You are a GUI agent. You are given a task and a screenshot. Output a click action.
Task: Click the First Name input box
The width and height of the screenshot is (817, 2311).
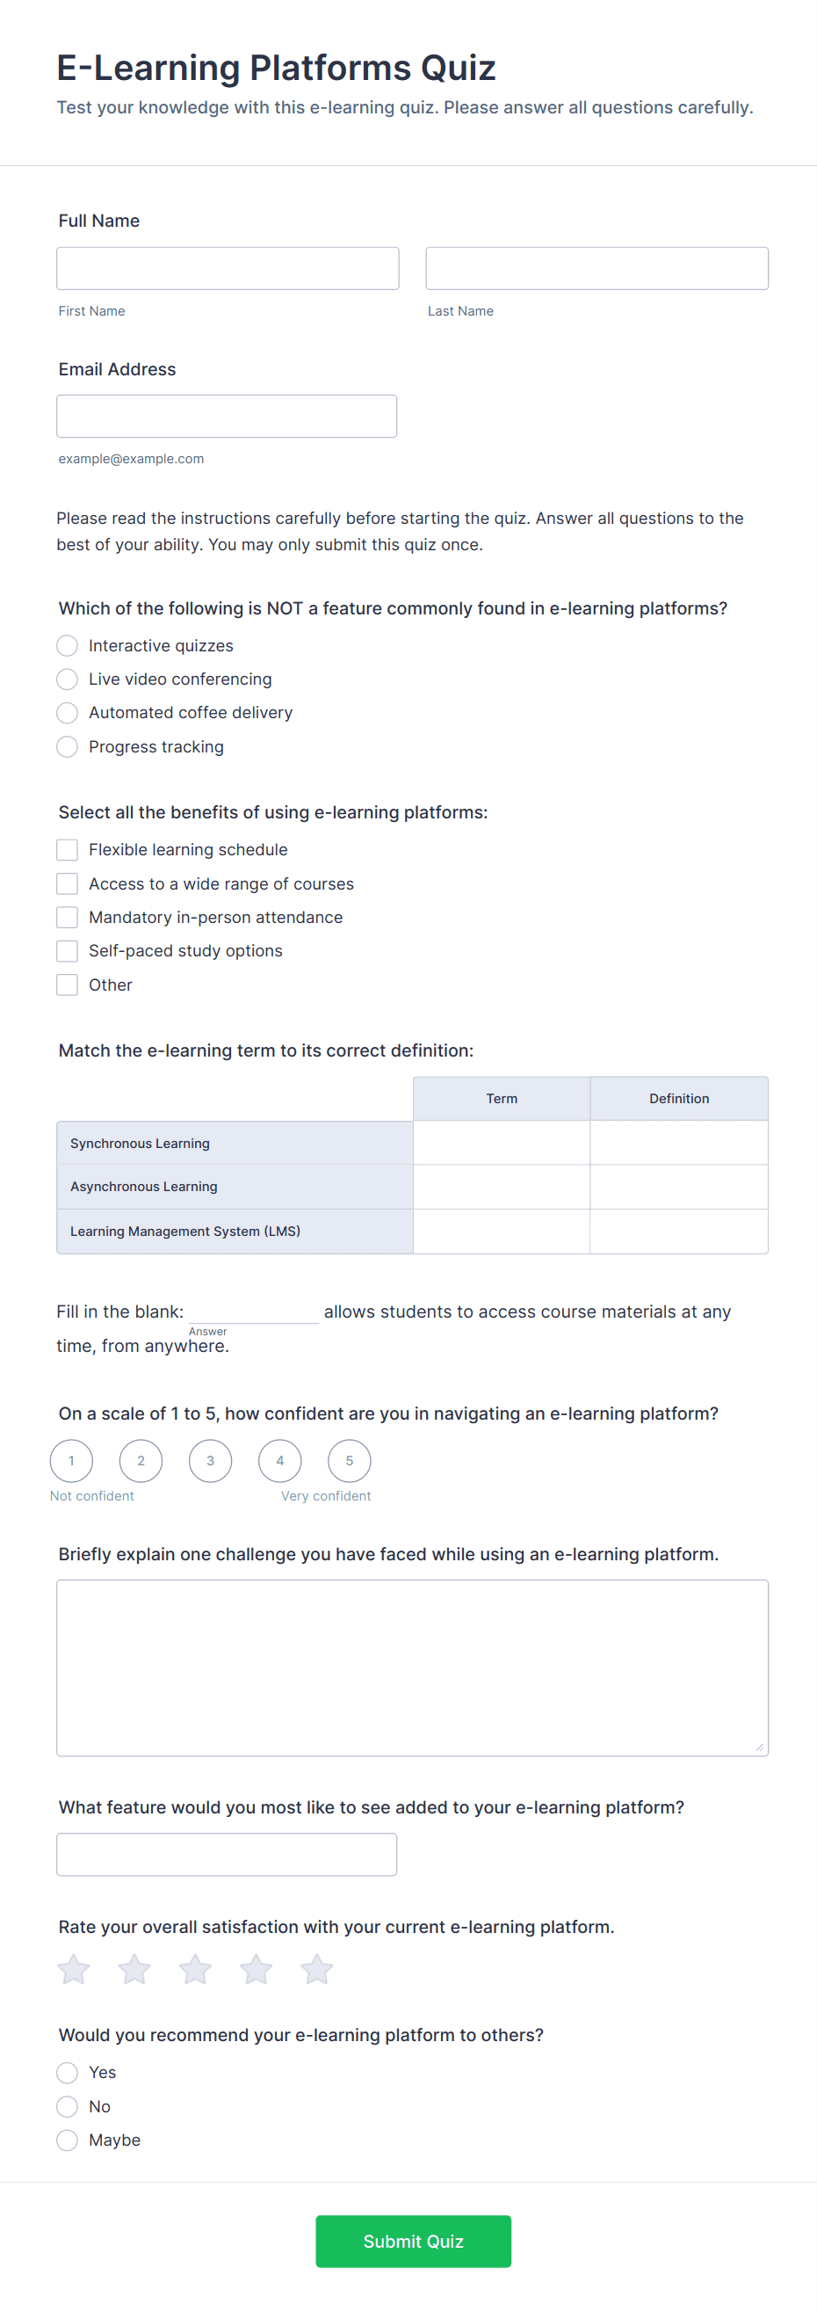(227, 268)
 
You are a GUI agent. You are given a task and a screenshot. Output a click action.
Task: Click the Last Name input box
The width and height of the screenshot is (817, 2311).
(596, 268)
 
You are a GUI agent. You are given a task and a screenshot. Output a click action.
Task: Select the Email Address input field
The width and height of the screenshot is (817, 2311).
(226, 417)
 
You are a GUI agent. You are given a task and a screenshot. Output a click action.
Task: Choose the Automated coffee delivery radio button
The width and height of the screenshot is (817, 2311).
(68, 713)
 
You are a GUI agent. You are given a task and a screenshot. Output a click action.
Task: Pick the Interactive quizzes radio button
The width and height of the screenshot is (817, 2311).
(68, 646)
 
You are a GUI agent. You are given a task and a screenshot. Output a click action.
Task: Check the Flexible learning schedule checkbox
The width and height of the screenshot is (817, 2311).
(68, 849)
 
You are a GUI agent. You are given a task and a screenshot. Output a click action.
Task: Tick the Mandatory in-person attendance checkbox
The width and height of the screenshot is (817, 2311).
(68, 917)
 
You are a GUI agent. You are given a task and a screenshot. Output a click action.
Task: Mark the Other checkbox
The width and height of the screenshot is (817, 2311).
(68, 985)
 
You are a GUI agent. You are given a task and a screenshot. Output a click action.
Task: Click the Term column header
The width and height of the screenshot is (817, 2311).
(502, 1099)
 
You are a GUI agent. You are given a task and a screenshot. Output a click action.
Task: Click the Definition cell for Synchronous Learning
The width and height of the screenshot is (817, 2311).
(679, 1143)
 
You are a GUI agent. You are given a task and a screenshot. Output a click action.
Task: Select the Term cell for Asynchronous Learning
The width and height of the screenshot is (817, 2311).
(502, 1187)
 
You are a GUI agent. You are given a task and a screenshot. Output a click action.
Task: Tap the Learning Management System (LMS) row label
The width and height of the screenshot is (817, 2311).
(184, 1231)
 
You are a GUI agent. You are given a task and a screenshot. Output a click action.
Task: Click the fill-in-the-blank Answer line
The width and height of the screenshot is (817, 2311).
(254, 1312)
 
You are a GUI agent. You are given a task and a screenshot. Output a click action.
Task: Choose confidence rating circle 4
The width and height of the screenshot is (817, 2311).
(280, 1460)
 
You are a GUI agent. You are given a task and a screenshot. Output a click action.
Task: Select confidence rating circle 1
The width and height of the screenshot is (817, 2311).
(72, 1460)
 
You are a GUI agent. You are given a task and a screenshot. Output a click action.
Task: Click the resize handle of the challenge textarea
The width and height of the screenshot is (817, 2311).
(759, 1747)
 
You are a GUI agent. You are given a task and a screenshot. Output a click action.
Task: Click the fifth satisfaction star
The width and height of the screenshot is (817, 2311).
(316, 1970)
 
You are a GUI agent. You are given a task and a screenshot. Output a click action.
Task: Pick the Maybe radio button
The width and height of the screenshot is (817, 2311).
(68, 2140)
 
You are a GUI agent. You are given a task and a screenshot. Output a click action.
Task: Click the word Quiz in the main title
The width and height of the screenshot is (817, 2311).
(459, 69)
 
